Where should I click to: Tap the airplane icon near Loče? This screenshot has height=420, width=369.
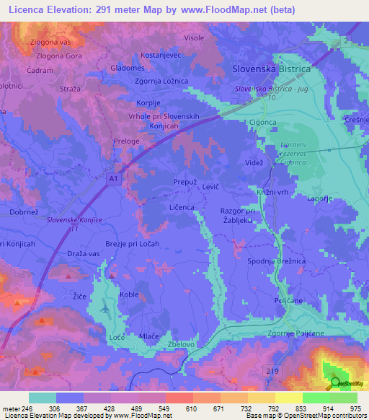click(106, 308)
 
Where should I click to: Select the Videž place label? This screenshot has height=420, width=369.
click(254, 164)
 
